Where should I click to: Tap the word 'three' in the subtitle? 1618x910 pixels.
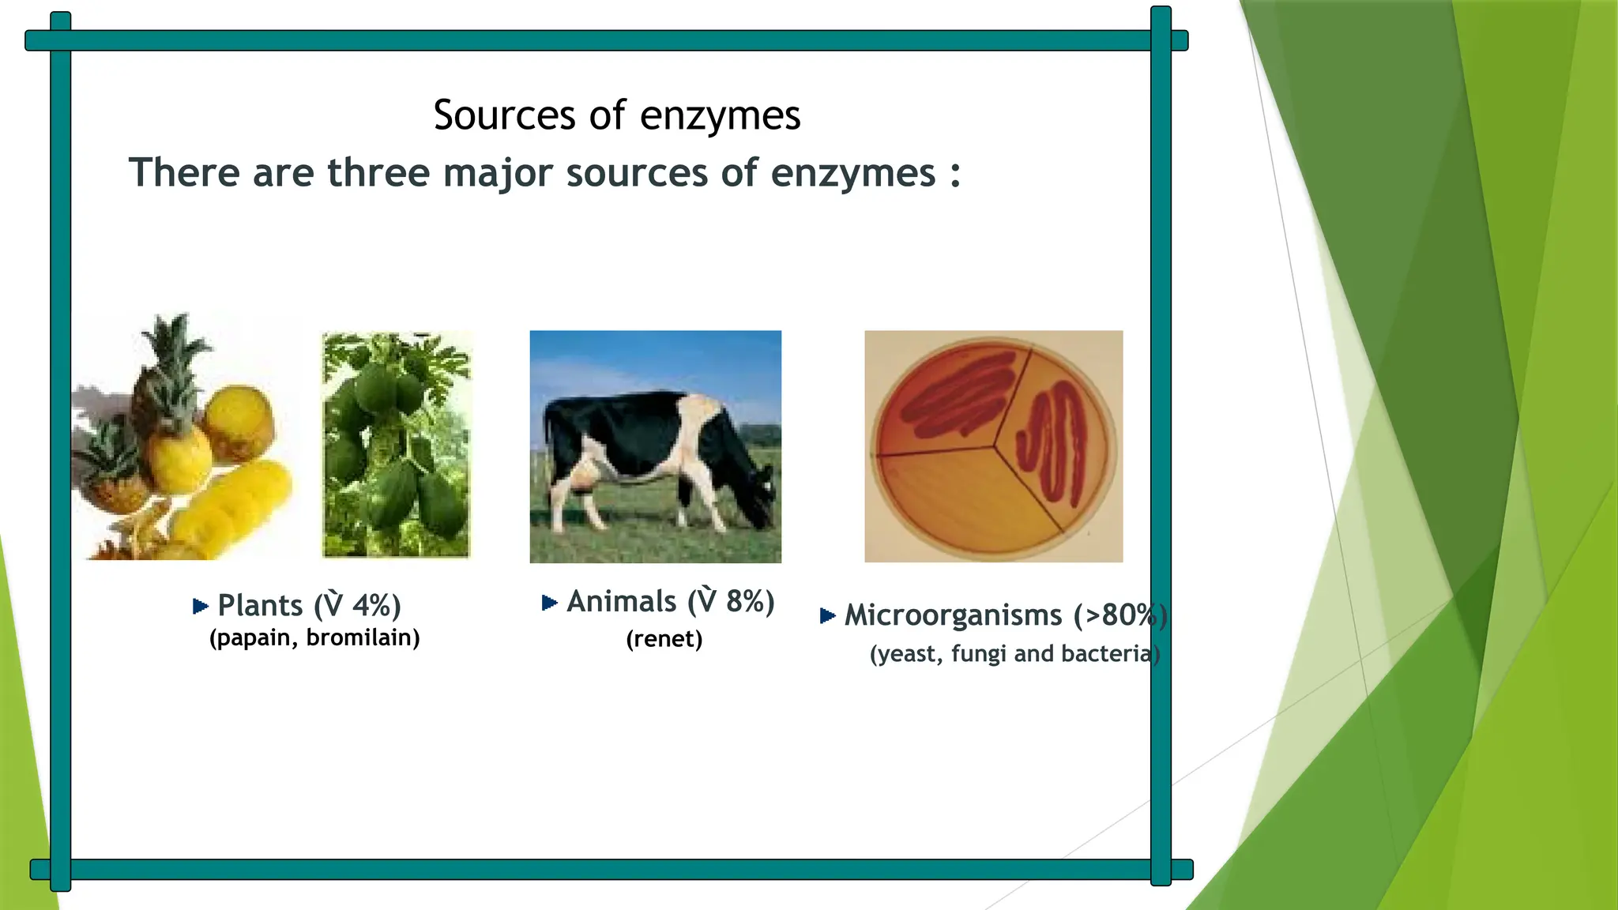coord(378,172)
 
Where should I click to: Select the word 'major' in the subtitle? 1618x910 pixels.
coord(497,174)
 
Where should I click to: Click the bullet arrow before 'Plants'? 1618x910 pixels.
coord(200,606)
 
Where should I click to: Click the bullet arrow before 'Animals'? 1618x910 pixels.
coord(549,603)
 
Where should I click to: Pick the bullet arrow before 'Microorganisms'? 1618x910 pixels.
coord(827,615)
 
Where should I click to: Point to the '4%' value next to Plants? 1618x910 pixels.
coord(371,606)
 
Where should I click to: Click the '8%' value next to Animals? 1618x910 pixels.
coord(744,602)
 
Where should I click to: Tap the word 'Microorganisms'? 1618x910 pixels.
coord(953,615)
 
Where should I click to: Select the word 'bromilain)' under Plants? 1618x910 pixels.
coord(363,637)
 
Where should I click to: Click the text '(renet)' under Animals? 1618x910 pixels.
coord(664,639)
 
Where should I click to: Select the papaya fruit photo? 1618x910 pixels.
coord(396,445)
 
